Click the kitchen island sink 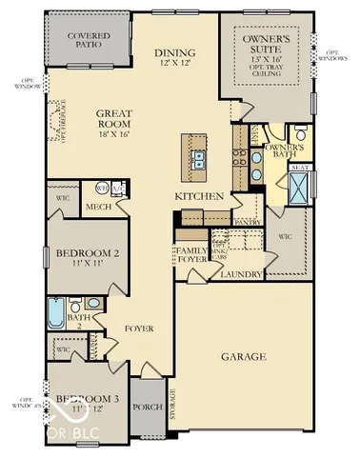pos(198,152)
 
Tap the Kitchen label pos(198,196)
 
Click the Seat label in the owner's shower pos(299,168)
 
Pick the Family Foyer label pos(190,254)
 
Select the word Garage pos(243,357)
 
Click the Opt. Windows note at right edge pos(337,55)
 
